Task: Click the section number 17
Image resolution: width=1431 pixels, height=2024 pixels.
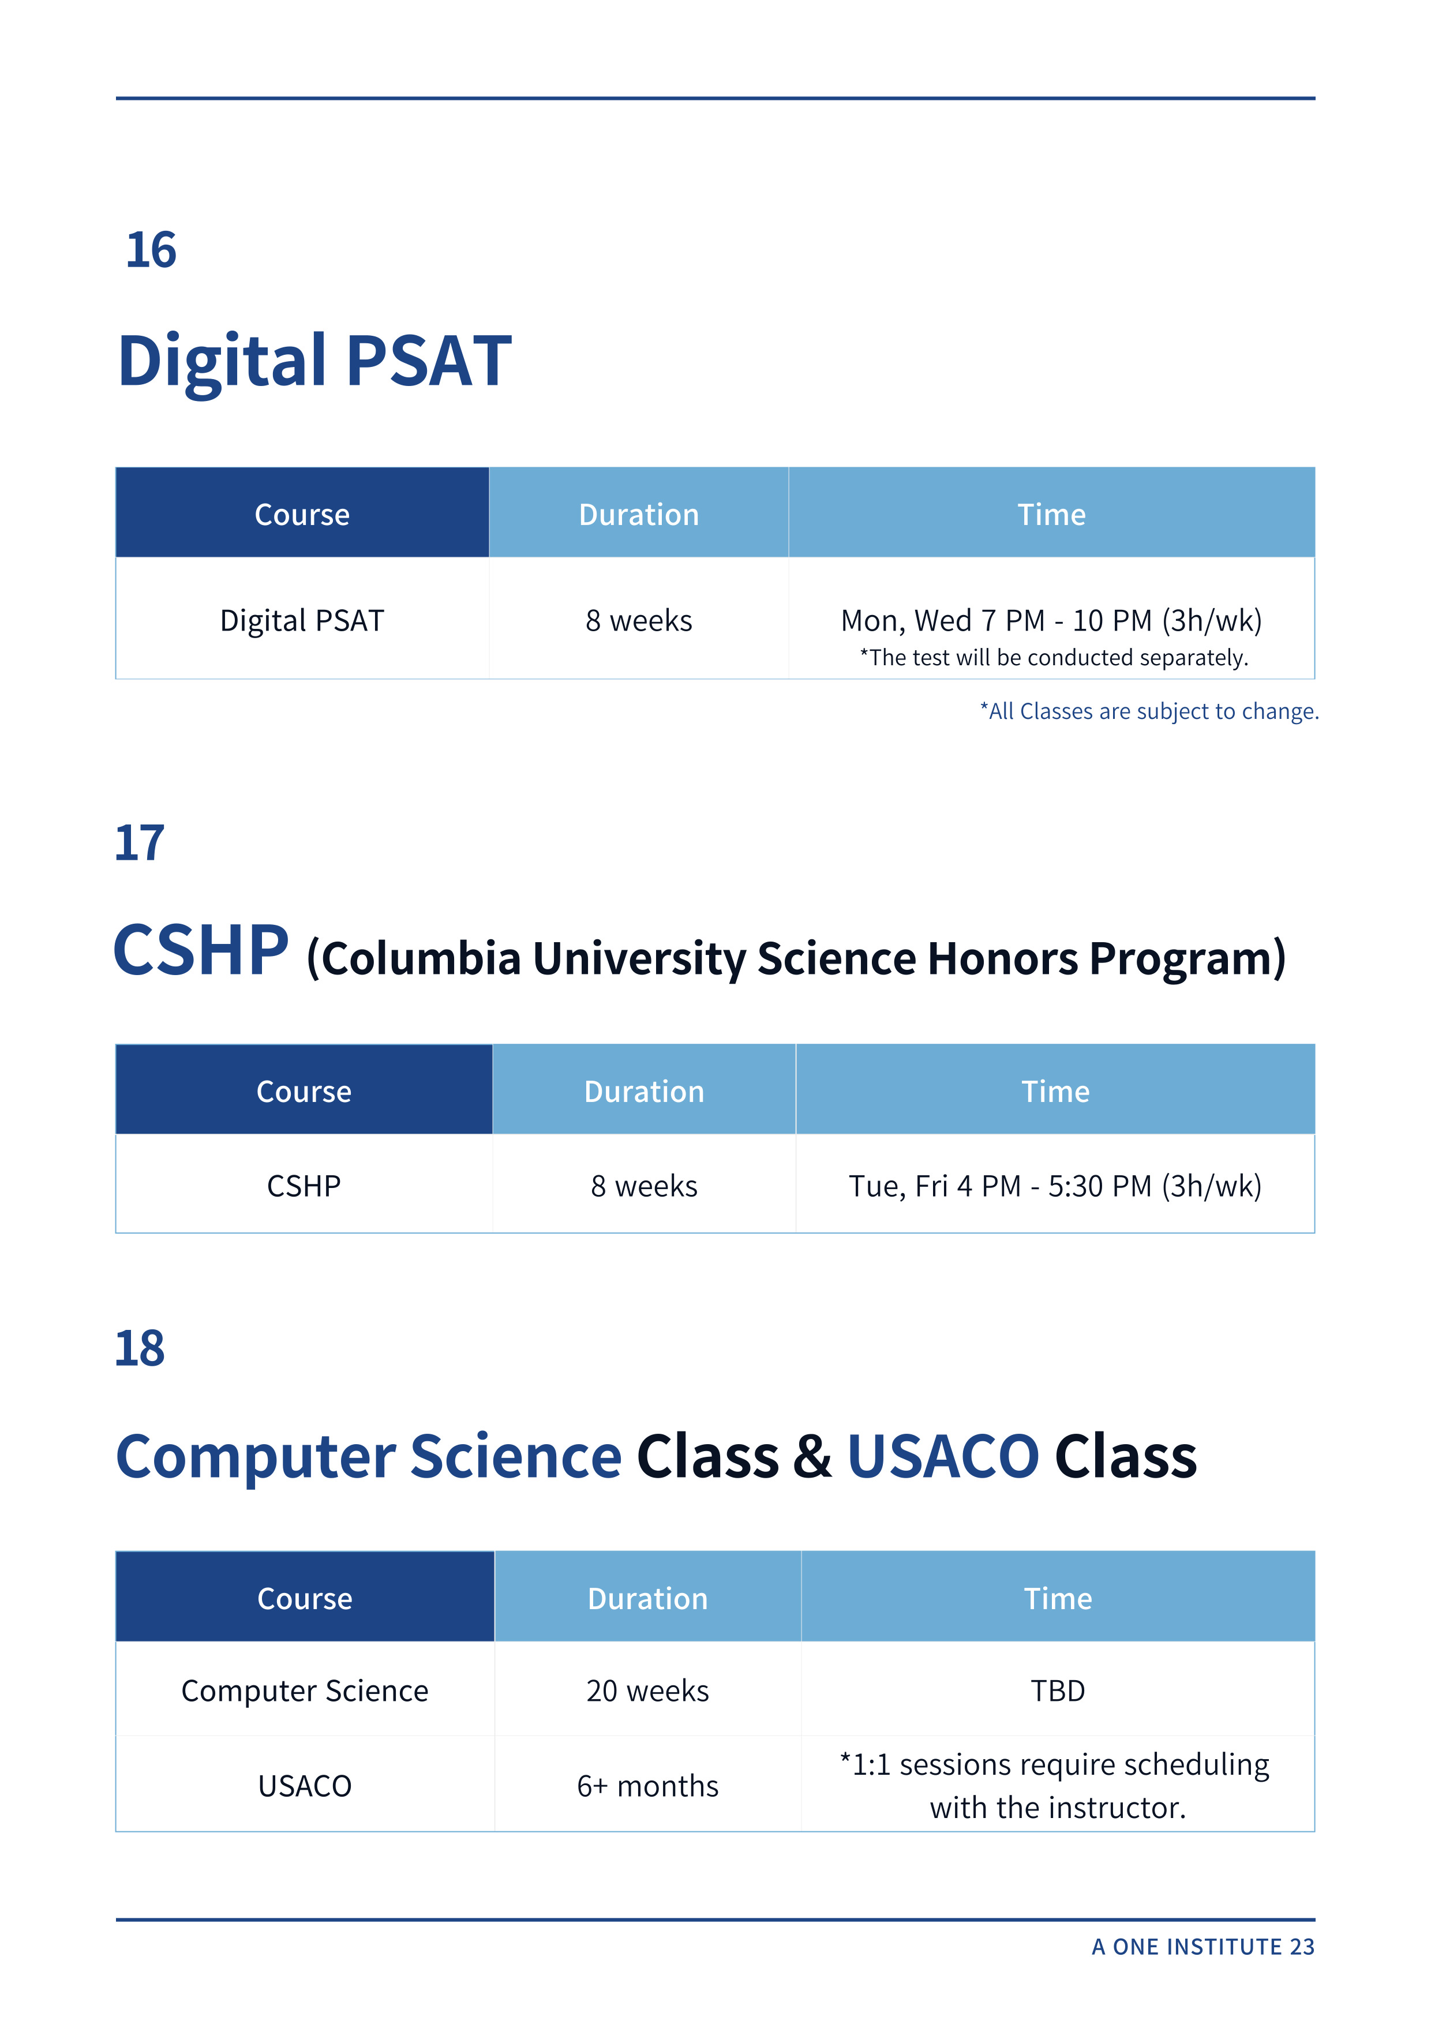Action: click(139, 843)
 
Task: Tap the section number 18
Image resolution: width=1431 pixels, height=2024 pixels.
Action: click(139, 1349)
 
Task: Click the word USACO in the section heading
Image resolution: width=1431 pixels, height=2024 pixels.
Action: click(942, 1456)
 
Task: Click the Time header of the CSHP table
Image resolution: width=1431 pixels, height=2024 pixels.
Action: click(1055, 1092)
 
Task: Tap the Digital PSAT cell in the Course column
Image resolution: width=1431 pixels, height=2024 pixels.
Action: click(302, 621)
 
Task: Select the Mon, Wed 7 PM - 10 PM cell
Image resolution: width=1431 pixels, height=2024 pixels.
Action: click(1051, 621)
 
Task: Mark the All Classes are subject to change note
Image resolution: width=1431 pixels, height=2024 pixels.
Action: click(1149, 711)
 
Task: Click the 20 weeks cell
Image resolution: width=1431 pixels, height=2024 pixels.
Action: click(647, 1691)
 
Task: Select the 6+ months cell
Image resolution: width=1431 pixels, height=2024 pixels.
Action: click(647, 1786)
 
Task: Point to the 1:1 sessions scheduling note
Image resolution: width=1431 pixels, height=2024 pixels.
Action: click(1055, 1786)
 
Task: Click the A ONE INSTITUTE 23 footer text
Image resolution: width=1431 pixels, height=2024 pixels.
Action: click(1203, 1947)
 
